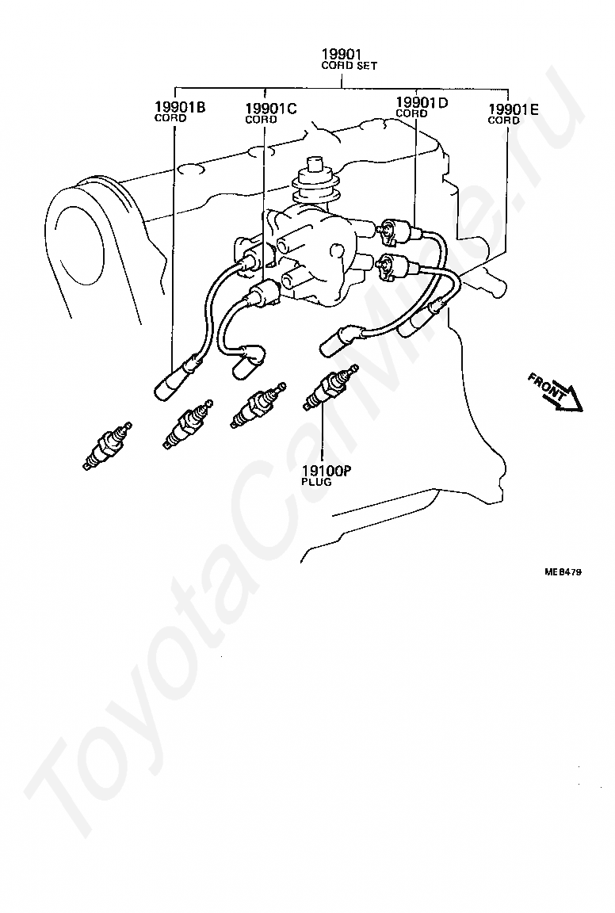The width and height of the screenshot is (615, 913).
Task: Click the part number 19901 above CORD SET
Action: [x=342, y=55]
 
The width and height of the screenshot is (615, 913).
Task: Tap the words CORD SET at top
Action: [x=349, y=66]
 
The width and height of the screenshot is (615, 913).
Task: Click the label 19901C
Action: [x=271, y=109]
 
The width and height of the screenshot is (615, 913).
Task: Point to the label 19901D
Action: [x=422, y=103]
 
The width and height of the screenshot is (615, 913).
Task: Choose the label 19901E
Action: [x=513, y=109]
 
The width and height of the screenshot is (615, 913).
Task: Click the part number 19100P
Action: [x=327, y=471]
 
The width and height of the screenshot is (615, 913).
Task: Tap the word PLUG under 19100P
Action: [x=317, y=482]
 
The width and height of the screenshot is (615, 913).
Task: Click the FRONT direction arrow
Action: [x=556, y=394]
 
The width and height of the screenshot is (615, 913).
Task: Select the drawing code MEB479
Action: [x=563, y=571]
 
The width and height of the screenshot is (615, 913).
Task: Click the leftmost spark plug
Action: [x=107, y=446]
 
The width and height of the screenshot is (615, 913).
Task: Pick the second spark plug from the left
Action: [x=188, y=425]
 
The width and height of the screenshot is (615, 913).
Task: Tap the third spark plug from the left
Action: [x=258, y=406]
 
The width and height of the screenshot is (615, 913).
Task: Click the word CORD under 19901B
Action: [x=170, y=118]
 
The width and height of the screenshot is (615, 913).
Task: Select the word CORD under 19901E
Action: [x=504, y=120]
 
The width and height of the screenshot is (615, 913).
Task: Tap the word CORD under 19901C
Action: [x=261, y=120]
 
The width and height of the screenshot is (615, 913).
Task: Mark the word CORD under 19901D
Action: [x=412, y=114]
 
